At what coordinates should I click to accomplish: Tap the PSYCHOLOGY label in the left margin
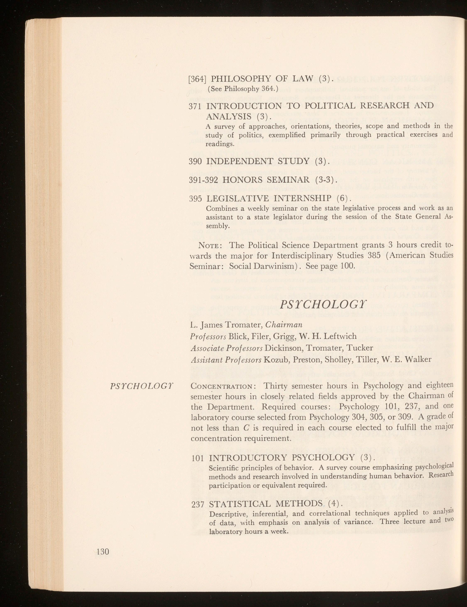click(x=142, y=386)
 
